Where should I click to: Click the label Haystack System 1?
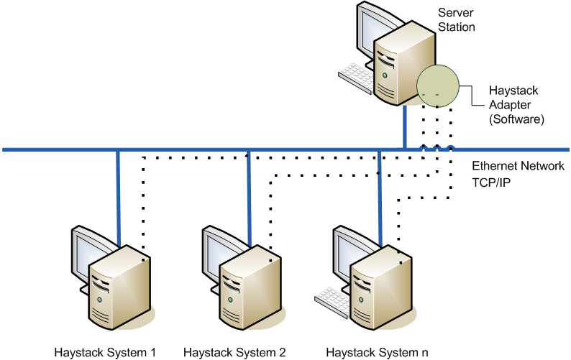click(x=105, y=352)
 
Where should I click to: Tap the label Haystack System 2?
click(x=234, y=352)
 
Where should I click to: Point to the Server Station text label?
click(x=457, y=20)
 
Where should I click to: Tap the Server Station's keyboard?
click(x=355, y=73)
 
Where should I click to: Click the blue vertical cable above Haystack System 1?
click(x=117, y=194)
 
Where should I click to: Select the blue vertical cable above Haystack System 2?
click(x=248, y=194)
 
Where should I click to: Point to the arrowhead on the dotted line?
click(x=247, y=154)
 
